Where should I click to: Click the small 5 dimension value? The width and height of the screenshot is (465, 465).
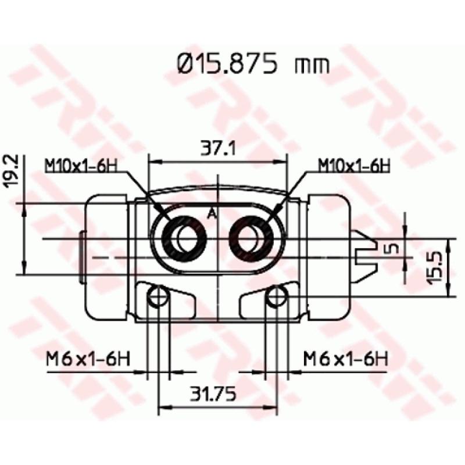(391, 248)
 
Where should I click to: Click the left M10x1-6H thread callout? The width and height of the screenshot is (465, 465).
(81, 166)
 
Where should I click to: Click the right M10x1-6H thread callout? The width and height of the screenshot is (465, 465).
(353, 166)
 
